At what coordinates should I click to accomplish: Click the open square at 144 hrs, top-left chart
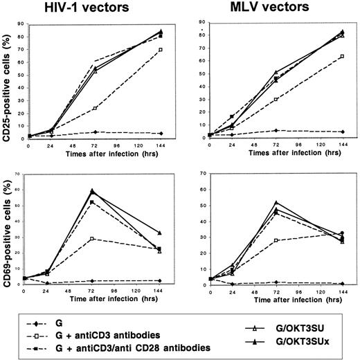[x=161, y=50]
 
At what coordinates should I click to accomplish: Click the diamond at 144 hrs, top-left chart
[x=161, y=134]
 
